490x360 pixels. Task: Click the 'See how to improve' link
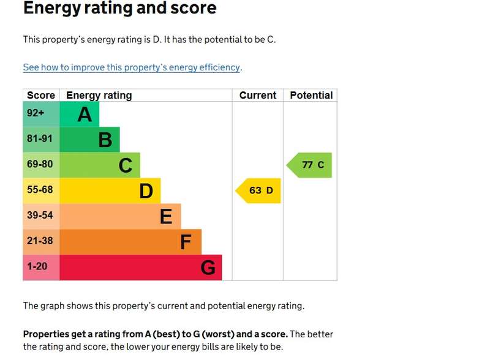(x=132, y=67)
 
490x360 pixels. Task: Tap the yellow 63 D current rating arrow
(x=258, y=190)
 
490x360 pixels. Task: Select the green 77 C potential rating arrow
(x=309, y=165)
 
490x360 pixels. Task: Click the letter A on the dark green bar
(x=85, y=114)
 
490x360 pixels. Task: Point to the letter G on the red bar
(x=208, y=268)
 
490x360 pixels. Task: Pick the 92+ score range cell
(x=41, y=114)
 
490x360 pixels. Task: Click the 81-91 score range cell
(x=41, y=140)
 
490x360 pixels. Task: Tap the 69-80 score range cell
(x=41, y=165)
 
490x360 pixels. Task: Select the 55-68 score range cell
(x=41, y=191)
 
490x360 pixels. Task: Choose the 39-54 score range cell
(x=41, y=217)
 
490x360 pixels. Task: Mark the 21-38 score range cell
(x=41, y=242)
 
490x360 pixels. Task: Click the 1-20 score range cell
(x=41, y=268)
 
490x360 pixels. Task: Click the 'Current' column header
(x=258, y=96)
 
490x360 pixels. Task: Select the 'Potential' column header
(x=311, y=96)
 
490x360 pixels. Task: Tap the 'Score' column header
(x=41, y=96)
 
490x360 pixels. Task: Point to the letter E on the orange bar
(x=166, y=217)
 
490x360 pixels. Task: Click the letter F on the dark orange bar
(x=186, y=242)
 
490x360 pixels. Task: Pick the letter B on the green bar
(x=105, y=140)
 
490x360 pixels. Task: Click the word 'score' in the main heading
(x=194, y=8)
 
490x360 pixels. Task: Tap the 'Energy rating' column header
(x=99, y=96)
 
